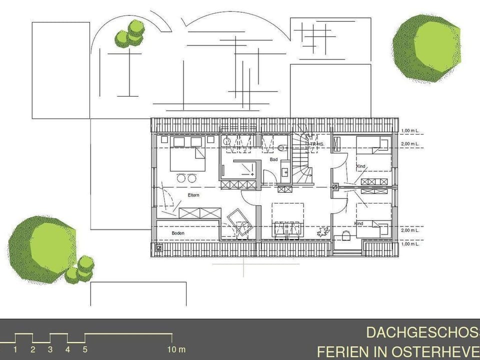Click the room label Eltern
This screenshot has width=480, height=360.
coord(193,195)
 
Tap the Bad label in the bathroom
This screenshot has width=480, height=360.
coord(273,159)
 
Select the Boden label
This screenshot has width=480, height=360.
coord(178,233)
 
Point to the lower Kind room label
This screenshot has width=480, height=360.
coord(359,223)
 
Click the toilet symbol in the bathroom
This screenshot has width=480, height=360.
coord(281,148)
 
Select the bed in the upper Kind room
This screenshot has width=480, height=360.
coord(373,146)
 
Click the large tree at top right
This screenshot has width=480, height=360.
coord(425,48)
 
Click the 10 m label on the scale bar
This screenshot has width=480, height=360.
coord(175,349)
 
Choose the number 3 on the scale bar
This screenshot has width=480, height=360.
coord(50,349)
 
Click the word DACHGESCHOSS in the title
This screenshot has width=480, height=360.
coord(422,333)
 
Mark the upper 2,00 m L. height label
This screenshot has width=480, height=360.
coord(410,144)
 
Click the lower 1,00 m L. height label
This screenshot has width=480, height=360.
coord(410,244)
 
